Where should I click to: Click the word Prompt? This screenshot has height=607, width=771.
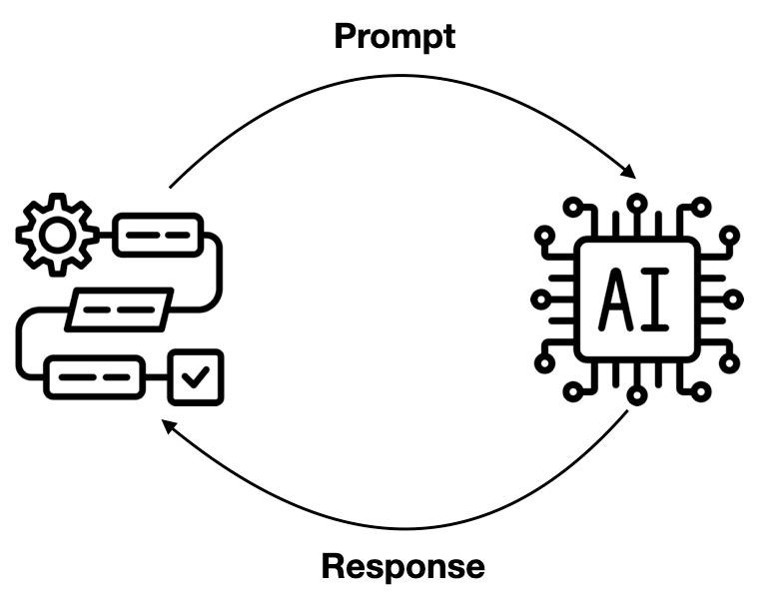click(x=394, y=37)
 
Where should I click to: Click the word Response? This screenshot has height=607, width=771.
click(x=403, y=568)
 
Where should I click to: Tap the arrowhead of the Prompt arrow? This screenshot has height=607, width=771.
click(x=629, y=172)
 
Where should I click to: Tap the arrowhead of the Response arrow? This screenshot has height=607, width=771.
click(x=170, y=426)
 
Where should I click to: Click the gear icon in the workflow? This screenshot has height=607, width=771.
click(x=57, y=235)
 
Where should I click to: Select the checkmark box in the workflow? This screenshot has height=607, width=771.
click(x=196, y=377)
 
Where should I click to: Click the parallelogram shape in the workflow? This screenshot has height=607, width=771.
click(x=120, y=309)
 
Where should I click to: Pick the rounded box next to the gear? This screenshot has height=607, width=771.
click(x=158, y=235)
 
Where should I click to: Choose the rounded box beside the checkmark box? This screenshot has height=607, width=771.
click(x=95, y=377)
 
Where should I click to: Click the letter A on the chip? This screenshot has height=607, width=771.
click(x=615, y=300)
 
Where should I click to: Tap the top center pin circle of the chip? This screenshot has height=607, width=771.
click(x=637, y=203)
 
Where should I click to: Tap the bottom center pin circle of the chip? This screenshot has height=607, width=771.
click(x=637, y=395)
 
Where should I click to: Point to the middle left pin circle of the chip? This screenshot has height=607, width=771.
click(x=541, y=300)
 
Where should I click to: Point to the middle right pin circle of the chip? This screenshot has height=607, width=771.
click(x=733, y=300)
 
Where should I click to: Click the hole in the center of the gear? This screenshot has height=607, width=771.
click(x=57, y=235)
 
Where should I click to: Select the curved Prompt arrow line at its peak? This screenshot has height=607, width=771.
click(x=400, y=76)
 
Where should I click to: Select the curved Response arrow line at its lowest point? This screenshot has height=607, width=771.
click(x=405, y=529)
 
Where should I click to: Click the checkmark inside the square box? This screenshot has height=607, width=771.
click(x=196, y=377)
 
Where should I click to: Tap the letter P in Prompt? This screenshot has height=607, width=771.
click(x=346, y=36)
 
